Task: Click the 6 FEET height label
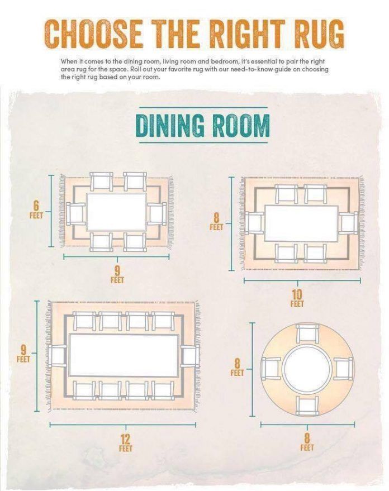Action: pos(36,210)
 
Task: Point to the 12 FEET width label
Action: pos(126,443)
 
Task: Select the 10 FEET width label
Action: pos(297,298)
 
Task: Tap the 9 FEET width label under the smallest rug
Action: pos(117,275)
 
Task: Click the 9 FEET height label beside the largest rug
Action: pos(23,354)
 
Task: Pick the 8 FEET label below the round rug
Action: pos(307,442)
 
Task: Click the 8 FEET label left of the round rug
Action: pos(237,368)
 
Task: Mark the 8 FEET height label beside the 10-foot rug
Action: pos(216,222)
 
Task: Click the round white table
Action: pos(307,368)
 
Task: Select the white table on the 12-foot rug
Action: pos(124,355)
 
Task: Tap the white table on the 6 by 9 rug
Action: pos(116,212)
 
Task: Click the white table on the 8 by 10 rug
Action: pos(301,223)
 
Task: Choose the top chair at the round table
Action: pos(307,335)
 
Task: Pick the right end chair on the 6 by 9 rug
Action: pos(156,214)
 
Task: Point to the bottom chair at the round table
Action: pos(307,406)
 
